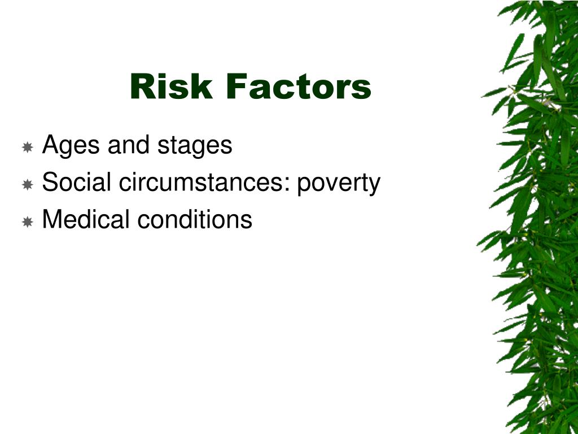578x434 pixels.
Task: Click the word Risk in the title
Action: point(172,86)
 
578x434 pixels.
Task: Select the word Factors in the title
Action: point(299,86)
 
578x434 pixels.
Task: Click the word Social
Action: point(76,181)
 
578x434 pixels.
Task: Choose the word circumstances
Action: point(202,182)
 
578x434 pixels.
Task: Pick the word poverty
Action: point(339,184)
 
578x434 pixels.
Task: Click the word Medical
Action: point(86,219)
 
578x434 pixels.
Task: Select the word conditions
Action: point(195,219)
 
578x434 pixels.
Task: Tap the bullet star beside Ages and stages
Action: point(28,147)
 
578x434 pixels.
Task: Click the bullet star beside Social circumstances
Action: point(28,184)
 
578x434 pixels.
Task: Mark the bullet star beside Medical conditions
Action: point(28,222)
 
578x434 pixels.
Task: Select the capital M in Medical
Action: point(52,219)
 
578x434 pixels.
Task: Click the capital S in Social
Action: point(50,181)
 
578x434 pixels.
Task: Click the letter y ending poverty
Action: point(375,186)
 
